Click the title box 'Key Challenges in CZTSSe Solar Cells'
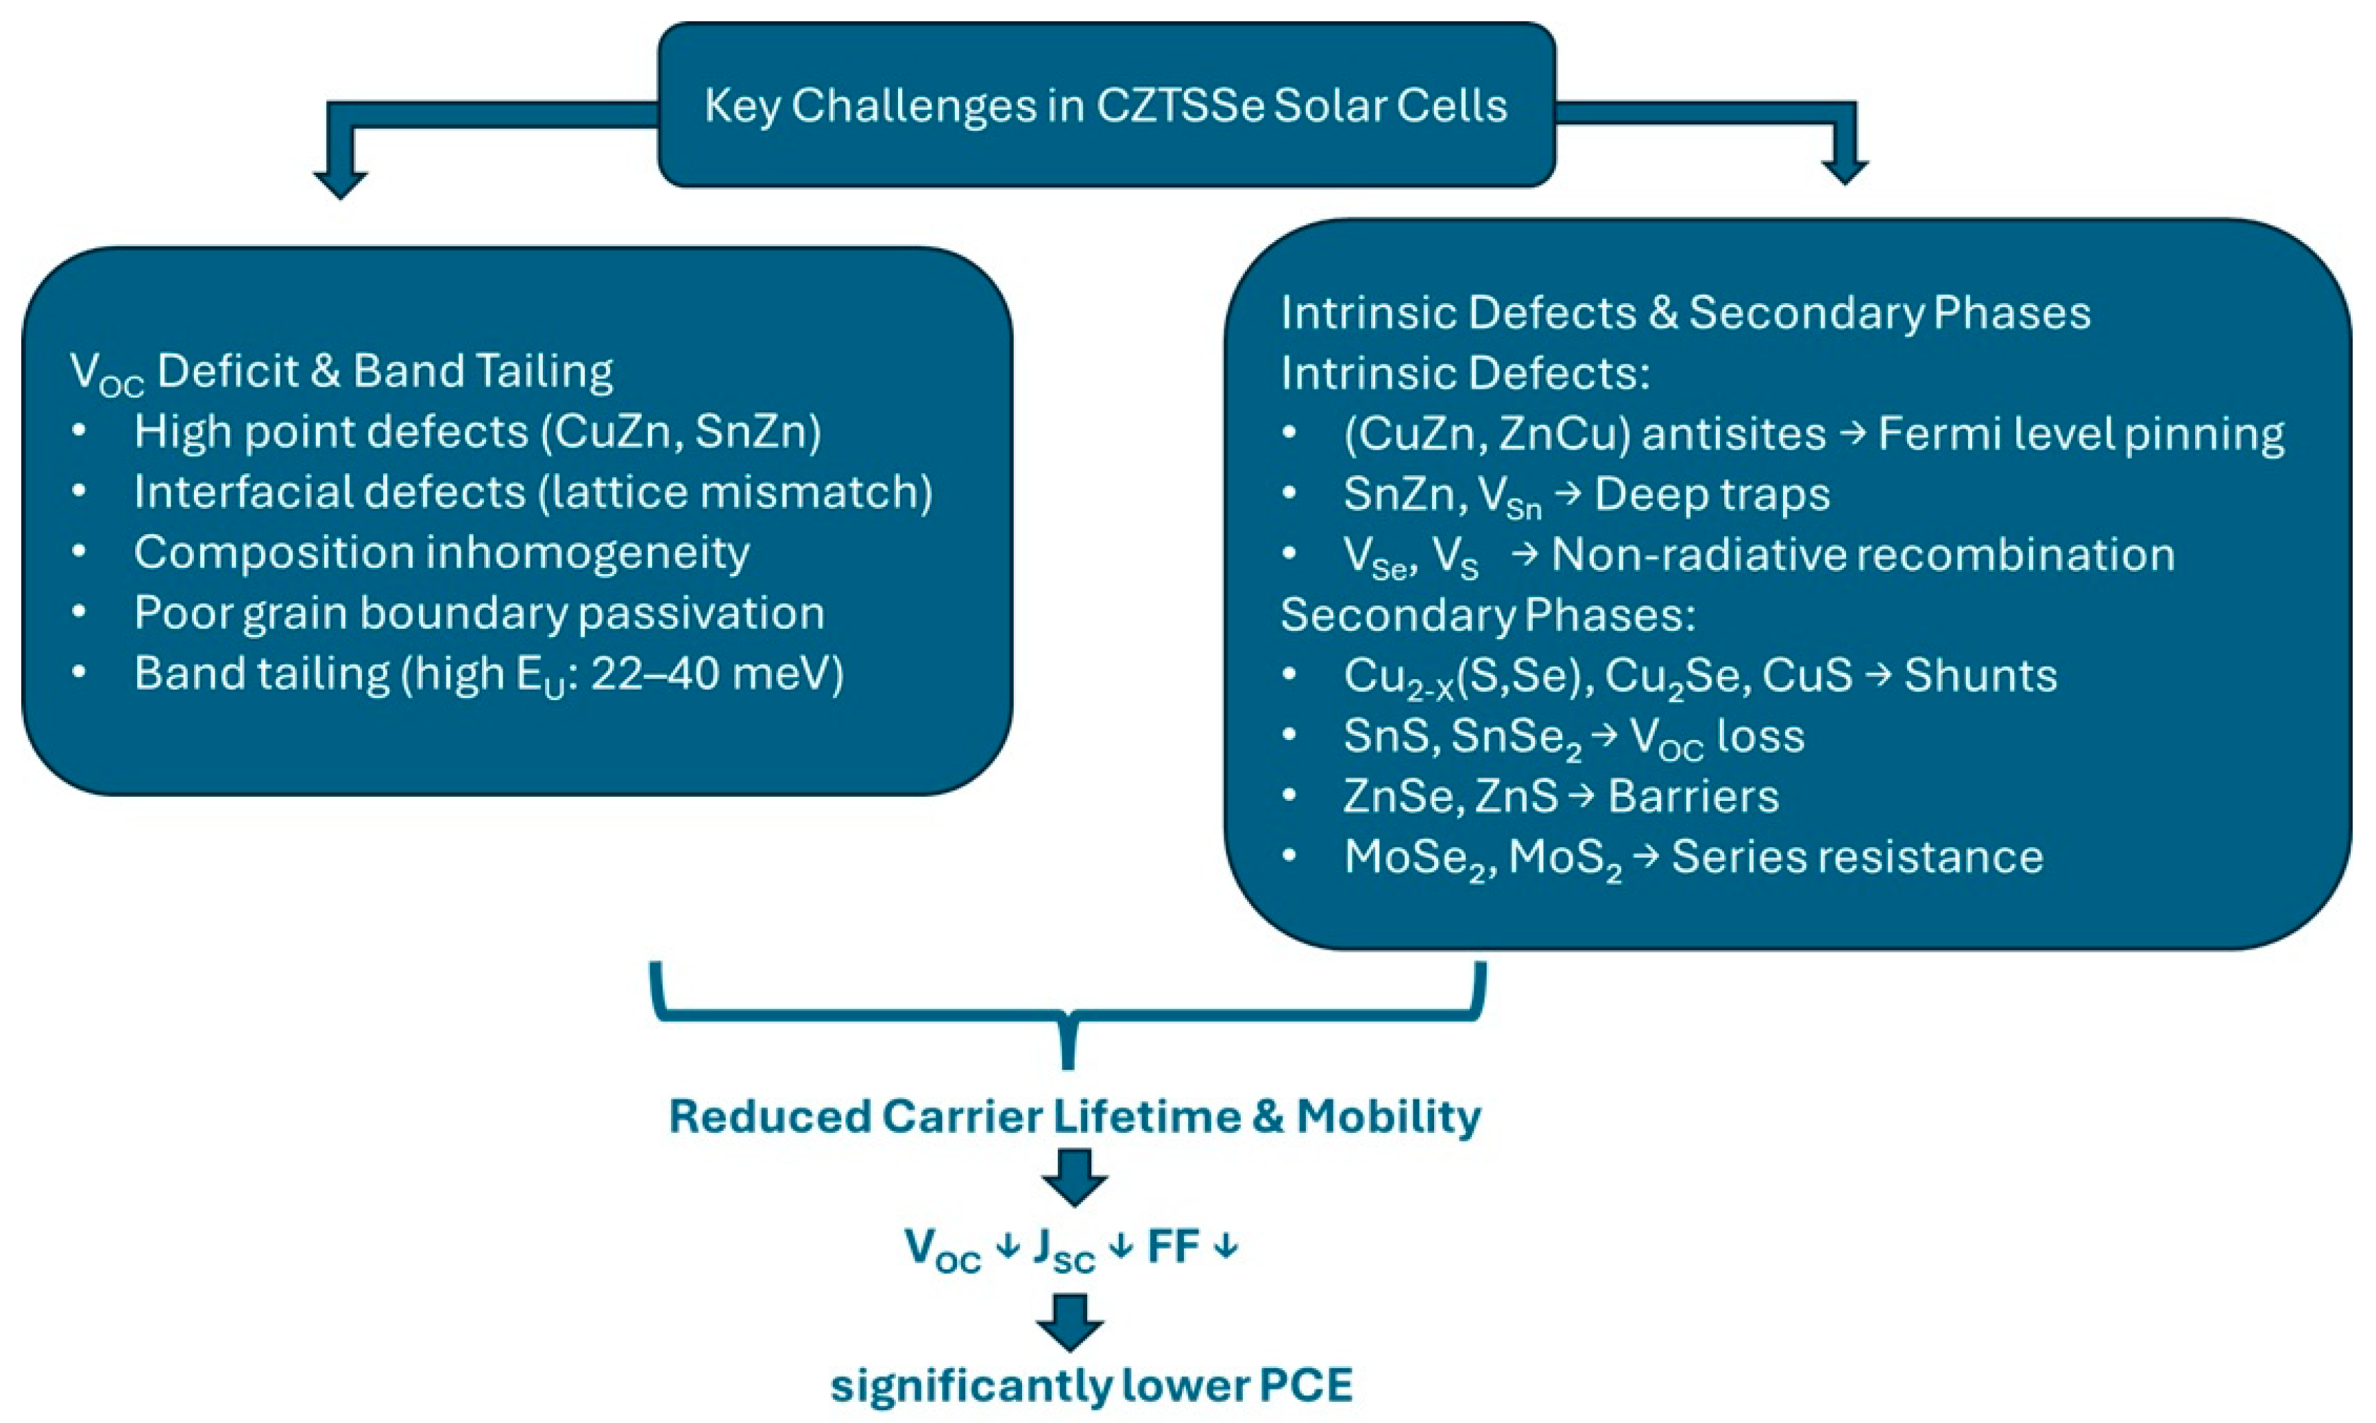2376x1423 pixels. (1105, 106)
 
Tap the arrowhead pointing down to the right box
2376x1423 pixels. (1844, 171)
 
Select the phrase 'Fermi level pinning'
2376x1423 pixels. (2080, 433)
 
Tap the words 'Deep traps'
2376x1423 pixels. (1712, 494)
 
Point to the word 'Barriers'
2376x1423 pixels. (1693, 796)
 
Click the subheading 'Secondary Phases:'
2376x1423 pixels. (1488, 614)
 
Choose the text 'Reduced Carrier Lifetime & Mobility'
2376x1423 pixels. (1074, 1116)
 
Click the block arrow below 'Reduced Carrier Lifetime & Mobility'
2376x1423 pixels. (1074, 1177)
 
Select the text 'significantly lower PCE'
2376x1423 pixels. (1091, 1385)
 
